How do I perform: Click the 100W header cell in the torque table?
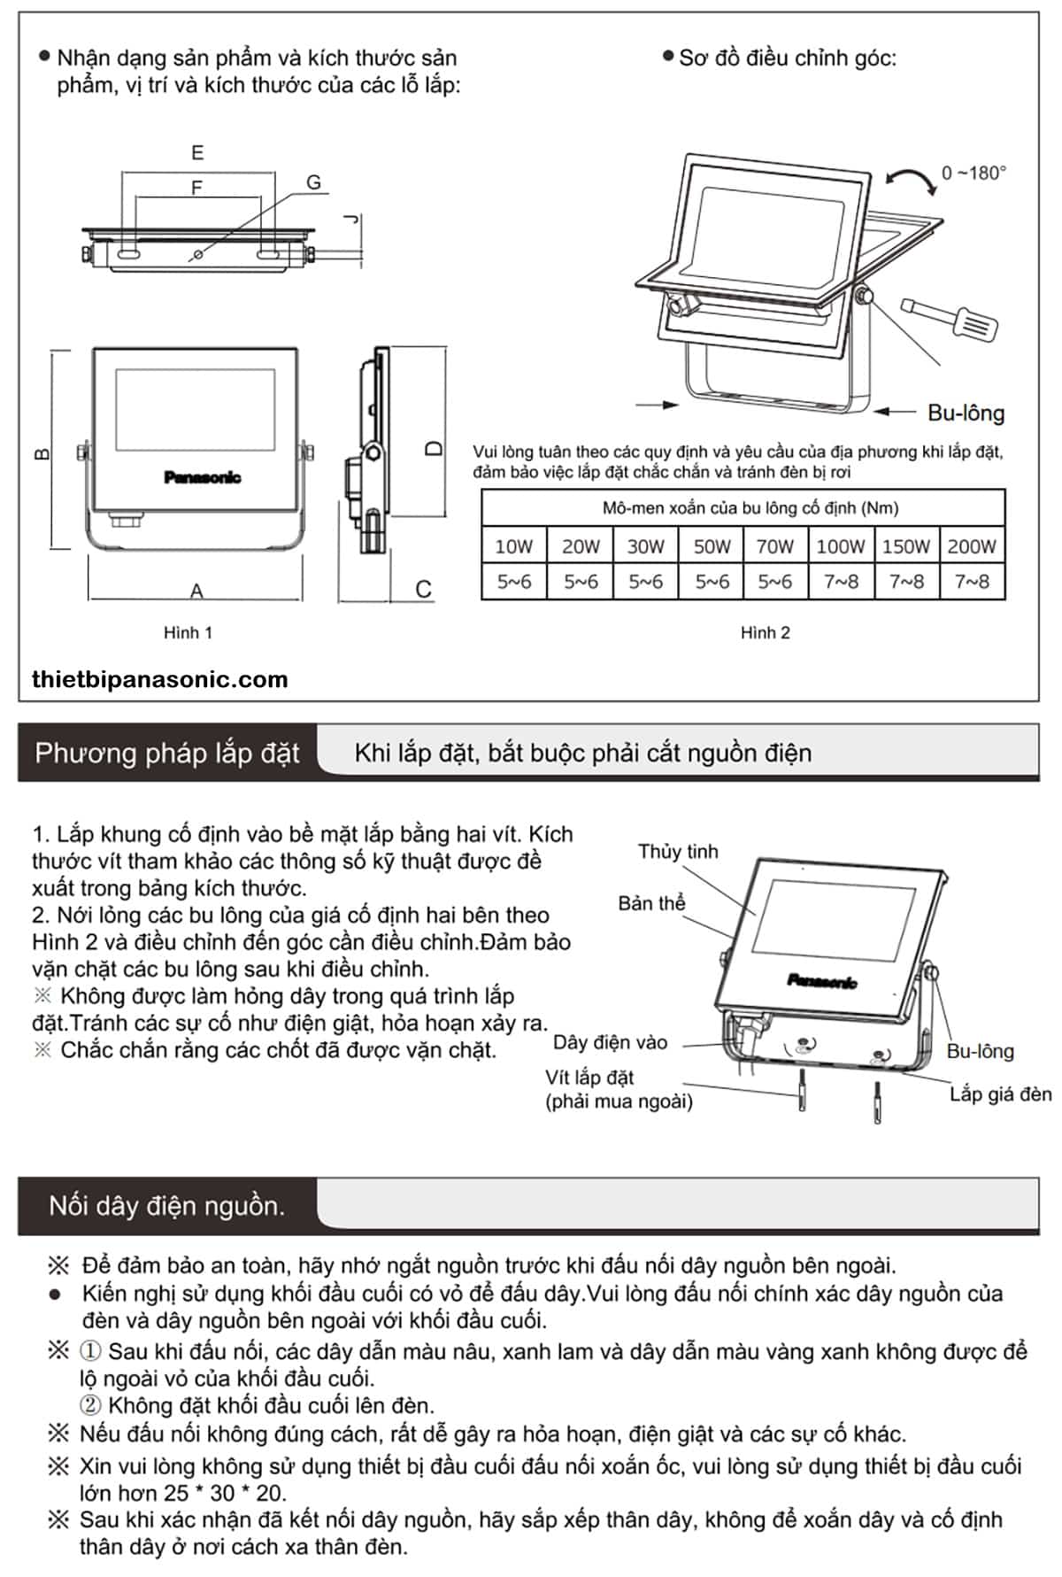pyautogui.click(x=840, y=546)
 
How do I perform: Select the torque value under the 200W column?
pyautogui.click(x=972, y=582)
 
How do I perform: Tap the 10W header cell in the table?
pyautogui.click(x=514, y=546)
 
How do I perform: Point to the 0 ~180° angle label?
pyautogui.click(x=973, y=173)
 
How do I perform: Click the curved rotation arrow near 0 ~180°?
pyautogui.click(x=911, y=180)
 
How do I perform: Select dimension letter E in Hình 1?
pyautogui.click(x=197, y=152)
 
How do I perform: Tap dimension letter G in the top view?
pyautogui.click(x=314, y=182)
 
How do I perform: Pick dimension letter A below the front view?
pyautogui.click(x=196, y=590)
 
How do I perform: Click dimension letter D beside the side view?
pyautogui.click(x=434, y=449)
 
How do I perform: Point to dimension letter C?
pyautogui.click(x=423, y=590)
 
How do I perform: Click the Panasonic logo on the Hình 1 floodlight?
pyautogui.click(x=202, y=478)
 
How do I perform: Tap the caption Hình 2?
pyautogui.click(x=765, y=632)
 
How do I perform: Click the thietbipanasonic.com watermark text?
pyautogui.click(x=159, y=679)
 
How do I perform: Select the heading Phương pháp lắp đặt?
pyautogui.click(x=167, y=754)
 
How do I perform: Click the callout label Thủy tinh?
pyautogui.click(x=678, y=852)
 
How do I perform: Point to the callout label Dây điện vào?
pyautogui.click(x=610, y=1042)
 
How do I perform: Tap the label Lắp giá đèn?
pyautogui.click(x=1000, y=1094)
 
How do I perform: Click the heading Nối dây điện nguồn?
pyautogui.click(x=167, y=1206)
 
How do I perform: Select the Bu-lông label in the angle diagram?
pyautogui.click(x=966, y=413)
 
